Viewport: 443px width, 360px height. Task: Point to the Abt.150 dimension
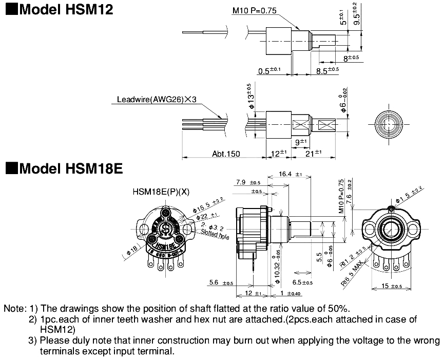pos(225,154)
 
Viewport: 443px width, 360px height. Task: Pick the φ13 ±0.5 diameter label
pos(251,94)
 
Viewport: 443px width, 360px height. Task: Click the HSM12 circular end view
pos(387,124)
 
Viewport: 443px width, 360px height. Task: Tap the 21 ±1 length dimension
pos(314,153)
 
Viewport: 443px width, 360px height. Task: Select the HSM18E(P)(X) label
pos(161,192)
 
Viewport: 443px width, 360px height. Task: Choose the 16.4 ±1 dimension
pos(291,174)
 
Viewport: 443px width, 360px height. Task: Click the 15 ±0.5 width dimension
pos(392,286)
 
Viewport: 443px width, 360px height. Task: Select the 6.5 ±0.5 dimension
pos(303,282)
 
